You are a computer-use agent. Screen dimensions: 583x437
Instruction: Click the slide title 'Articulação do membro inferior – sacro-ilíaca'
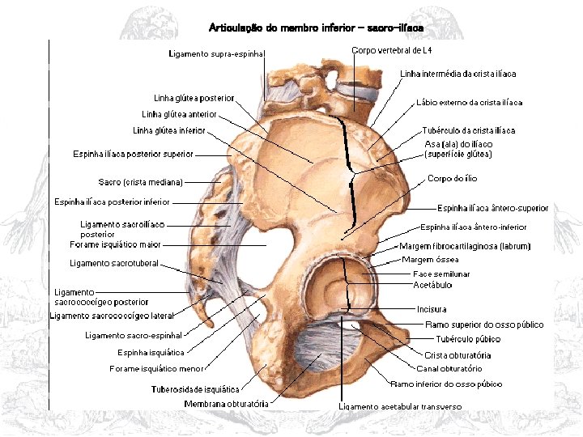click(316, 28)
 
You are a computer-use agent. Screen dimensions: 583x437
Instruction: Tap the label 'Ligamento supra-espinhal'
click(217, 54)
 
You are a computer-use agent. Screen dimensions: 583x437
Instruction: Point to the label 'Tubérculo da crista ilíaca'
click(468, 130)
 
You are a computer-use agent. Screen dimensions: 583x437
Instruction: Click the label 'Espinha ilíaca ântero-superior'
click(492, 208)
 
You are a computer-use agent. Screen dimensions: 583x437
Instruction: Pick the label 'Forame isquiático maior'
click(115, 244)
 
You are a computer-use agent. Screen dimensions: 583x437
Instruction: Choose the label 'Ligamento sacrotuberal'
click(114, 263)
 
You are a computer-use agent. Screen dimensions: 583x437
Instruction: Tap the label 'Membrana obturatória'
click(226, 403)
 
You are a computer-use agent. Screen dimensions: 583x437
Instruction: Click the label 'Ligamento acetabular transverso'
click(400, 406)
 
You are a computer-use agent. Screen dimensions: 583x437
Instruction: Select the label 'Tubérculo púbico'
click(468, 339)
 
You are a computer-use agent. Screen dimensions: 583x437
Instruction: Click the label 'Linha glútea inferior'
click(169, 130)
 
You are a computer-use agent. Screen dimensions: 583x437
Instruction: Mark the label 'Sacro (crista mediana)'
click(141, 182)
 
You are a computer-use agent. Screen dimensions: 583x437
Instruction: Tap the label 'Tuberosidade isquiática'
click(195, 389)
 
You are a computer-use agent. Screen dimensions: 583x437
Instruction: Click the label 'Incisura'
click(432, 309)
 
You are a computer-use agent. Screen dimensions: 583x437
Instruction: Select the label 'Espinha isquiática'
click(151, 352)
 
